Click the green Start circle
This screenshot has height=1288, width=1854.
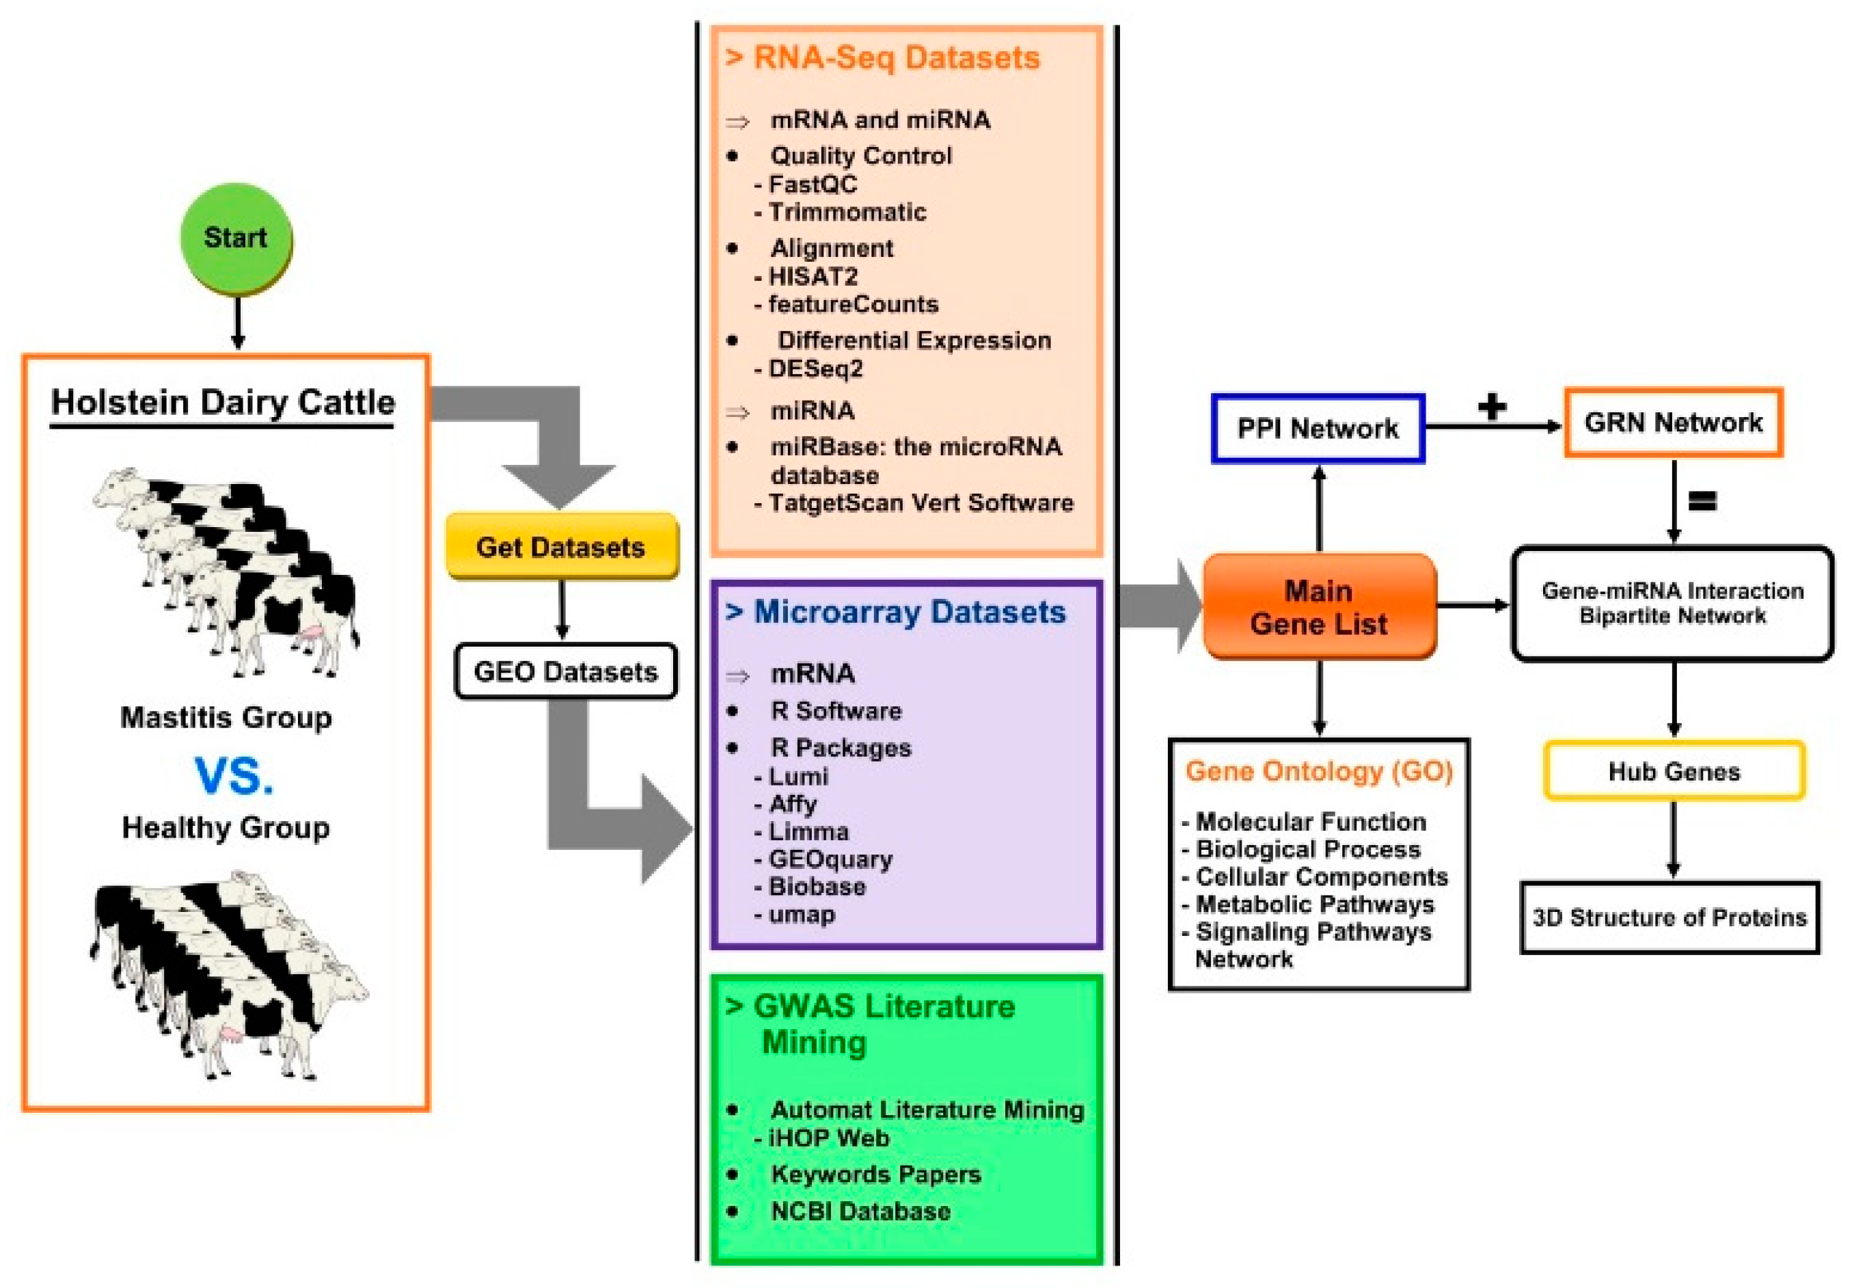(236, 239)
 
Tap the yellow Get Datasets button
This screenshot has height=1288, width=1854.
(562, 546)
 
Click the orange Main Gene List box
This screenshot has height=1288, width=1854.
(1318, 607)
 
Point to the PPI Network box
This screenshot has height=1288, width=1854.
(1318, 429)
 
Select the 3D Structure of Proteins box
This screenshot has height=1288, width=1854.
(1669, 917)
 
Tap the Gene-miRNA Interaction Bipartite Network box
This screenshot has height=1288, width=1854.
(1672, 604)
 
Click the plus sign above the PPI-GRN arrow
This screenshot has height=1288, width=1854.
(1492, 406)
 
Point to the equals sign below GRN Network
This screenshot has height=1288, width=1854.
(1702, 501)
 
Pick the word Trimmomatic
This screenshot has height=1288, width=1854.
(847, 212)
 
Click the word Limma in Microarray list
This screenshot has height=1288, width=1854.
(808, 831)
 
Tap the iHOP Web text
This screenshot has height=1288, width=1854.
(828, 1138)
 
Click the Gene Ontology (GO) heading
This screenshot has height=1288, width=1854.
(1319, 772)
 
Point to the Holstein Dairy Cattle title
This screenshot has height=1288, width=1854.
(223, 403)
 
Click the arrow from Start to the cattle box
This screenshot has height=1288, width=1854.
(237, 323)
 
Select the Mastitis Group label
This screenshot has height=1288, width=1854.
(226, 717)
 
